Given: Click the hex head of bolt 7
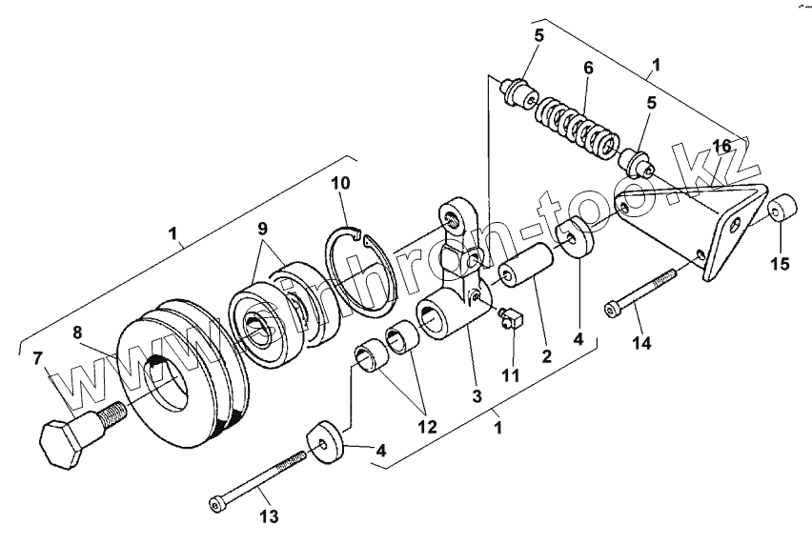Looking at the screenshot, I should coord(64,444).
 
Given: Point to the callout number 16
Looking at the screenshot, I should coord(721,145).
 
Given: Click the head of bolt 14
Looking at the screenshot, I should coord(611,310).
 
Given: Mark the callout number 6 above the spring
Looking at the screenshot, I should coord(588,69).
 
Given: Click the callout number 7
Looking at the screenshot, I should coord(39,358).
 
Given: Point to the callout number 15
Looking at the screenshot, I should coord(780,264).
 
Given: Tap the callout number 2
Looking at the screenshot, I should coord(545,358).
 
